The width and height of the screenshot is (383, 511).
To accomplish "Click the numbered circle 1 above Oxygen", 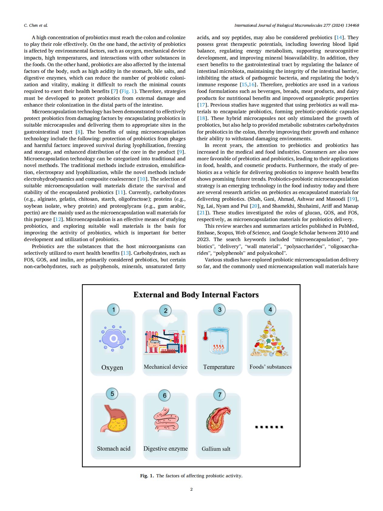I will [114, 310].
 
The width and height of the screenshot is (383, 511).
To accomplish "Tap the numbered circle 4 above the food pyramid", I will [270, 310].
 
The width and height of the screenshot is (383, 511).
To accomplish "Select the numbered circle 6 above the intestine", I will [164, 395].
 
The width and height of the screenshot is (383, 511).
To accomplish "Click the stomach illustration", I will [114, 419].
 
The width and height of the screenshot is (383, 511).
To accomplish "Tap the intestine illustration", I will [165, 419].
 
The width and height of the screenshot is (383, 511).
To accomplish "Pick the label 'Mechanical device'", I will [165, 367].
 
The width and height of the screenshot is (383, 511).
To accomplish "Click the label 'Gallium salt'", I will [216, 449].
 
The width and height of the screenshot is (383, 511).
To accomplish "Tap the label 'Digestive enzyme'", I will [165, 448].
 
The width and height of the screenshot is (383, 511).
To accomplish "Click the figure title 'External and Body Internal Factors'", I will [196, 295].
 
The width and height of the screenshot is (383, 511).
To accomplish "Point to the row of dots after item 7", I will [269, 427].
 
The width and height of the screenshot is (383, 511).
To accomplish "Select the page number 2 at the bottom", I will [191, 489].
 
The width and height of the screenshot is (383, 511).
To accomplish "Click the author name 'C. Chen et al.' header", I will [36, 25].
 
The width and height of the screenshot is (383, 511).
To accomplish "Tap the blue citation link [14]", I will [339, 38].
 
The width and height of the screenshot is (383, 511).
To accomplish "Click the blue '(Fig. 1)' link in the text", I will [129, 91].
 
